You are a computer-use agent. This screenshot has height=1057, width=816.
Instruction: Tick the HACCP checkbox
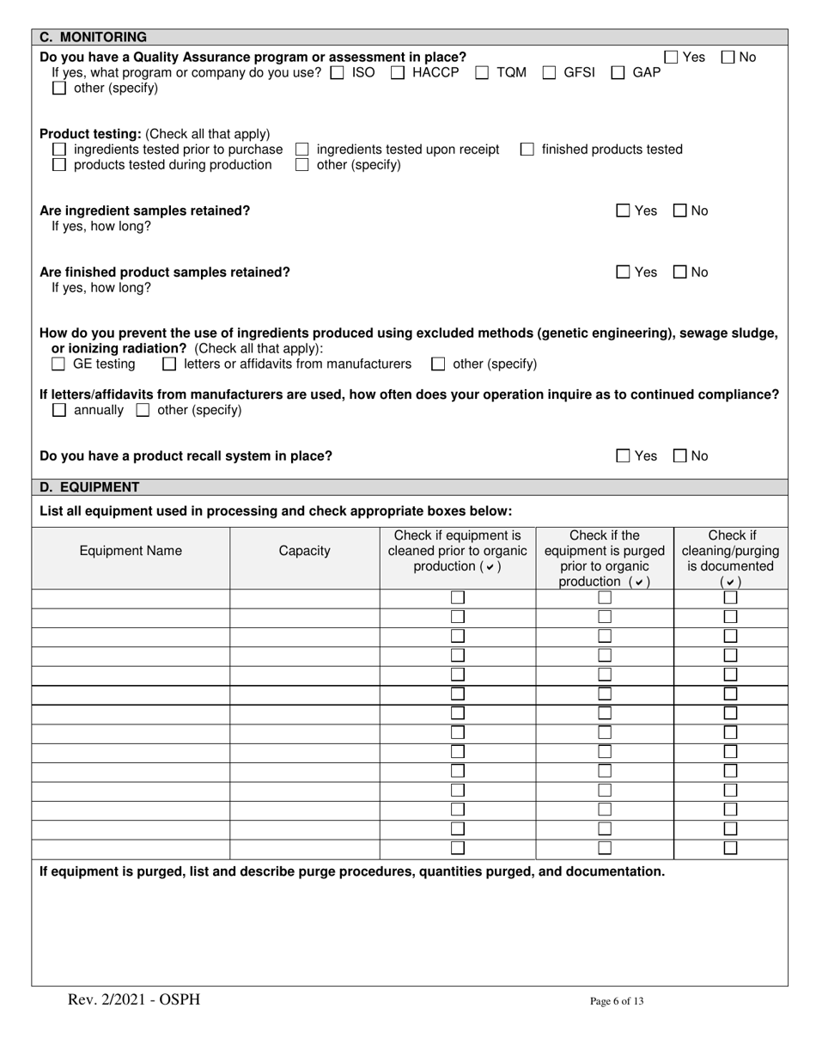pyautogui.click(x=398, y=73)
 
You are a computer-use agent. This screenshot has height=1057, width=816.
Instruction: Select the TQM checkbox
pyautogui.click(x=482, y=73)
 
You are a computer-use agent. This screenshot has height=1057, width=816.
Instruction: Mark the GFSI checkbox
pyautogui.click(x=549, y=73)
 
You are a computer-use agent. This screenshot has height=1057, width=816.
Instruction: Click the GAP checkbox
pyautogui.click(x=618, y=73)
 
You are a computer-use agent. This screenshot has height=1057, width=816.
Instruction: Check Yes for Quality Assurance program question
pyautogui.click(x=673, y=58)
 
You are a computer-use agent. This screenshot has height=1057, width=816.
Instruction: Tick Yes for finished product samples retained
pyautogui.click(x=624, y=272)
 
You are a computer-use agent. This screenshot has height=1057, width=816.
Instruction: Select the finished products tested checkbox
pyautogui.click(x=527, y=150)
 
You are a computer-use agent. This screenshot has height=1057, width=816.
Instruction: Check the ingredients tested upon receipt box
pyautogui.click(x=302, y=150)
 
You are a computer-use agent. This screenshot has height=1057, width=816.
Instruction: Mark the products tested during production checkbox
pyautogui.click(x=59, y=165)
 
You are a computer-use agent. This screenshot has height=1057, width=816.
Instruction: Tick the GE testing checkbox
pyautogui.click(x=59, y=364)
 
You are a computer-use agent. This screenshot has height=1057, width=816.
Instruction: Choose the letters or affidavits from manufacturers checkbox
pyautogui.click(x=169, y=364)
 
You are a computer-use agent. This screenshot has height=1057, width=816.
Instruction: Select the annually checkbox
pyautogui.click(x=59, y=411)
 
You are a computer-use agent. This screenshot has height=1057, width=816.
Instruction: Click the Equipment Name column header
pyautogui.click(x=131, y=552)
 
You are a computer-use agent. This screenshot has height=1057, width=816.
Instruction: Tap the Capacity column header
pyautogui.click(x=304, y=552)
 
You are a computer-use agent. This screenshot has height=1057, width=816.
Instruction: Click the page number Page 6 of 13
pyautogui.click(x=616, y=1000)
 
